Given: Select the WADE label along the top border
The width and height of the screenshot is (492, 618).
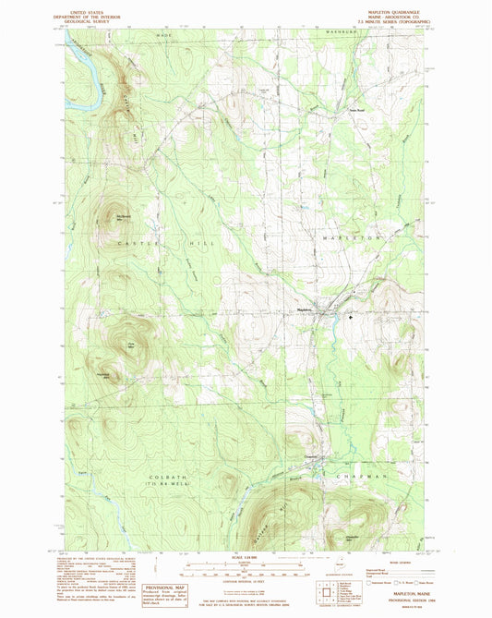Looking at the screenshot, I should coord(164,34).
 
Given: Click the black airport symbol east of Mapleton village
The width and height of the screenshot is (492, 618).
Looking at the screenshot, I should coord(351,317).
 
